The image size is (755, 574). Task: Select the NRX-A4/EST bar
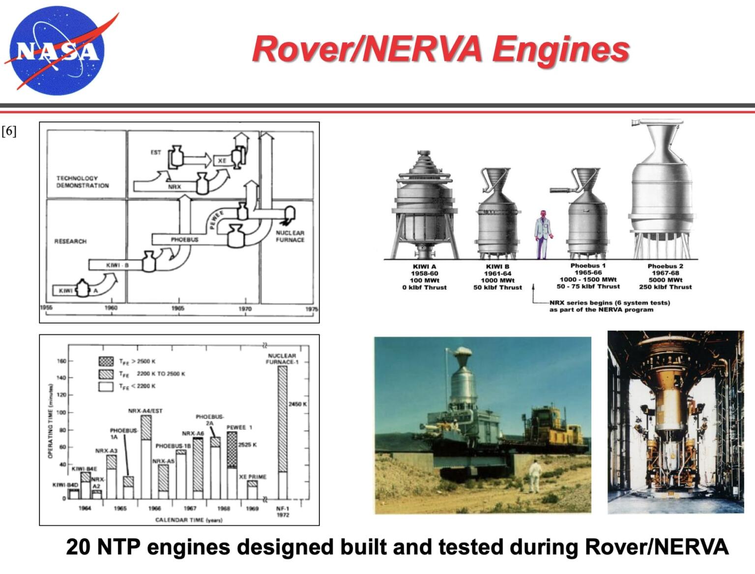click(146, 457)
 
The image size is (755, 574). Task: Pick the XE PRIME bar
click(252, 490)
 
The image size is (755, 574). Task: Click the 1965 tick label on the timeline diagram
click(178, 309)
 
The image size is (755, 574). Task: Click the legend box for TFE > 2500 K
click(106, 361)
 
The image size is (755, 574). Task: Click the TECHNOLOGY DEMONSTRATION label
click(82, 182)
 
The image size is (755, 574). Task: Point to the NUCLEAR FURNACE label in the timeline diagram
click(290, 236)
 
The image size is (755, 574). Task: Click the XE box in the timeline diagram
click(222, 161)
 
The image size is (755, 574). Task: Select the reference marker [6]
click(9, 131)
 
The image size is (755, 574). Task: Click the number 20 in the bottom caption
click(79, 547)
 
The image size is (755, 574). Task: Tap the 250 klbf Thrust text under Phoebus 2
click(665, 287)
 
